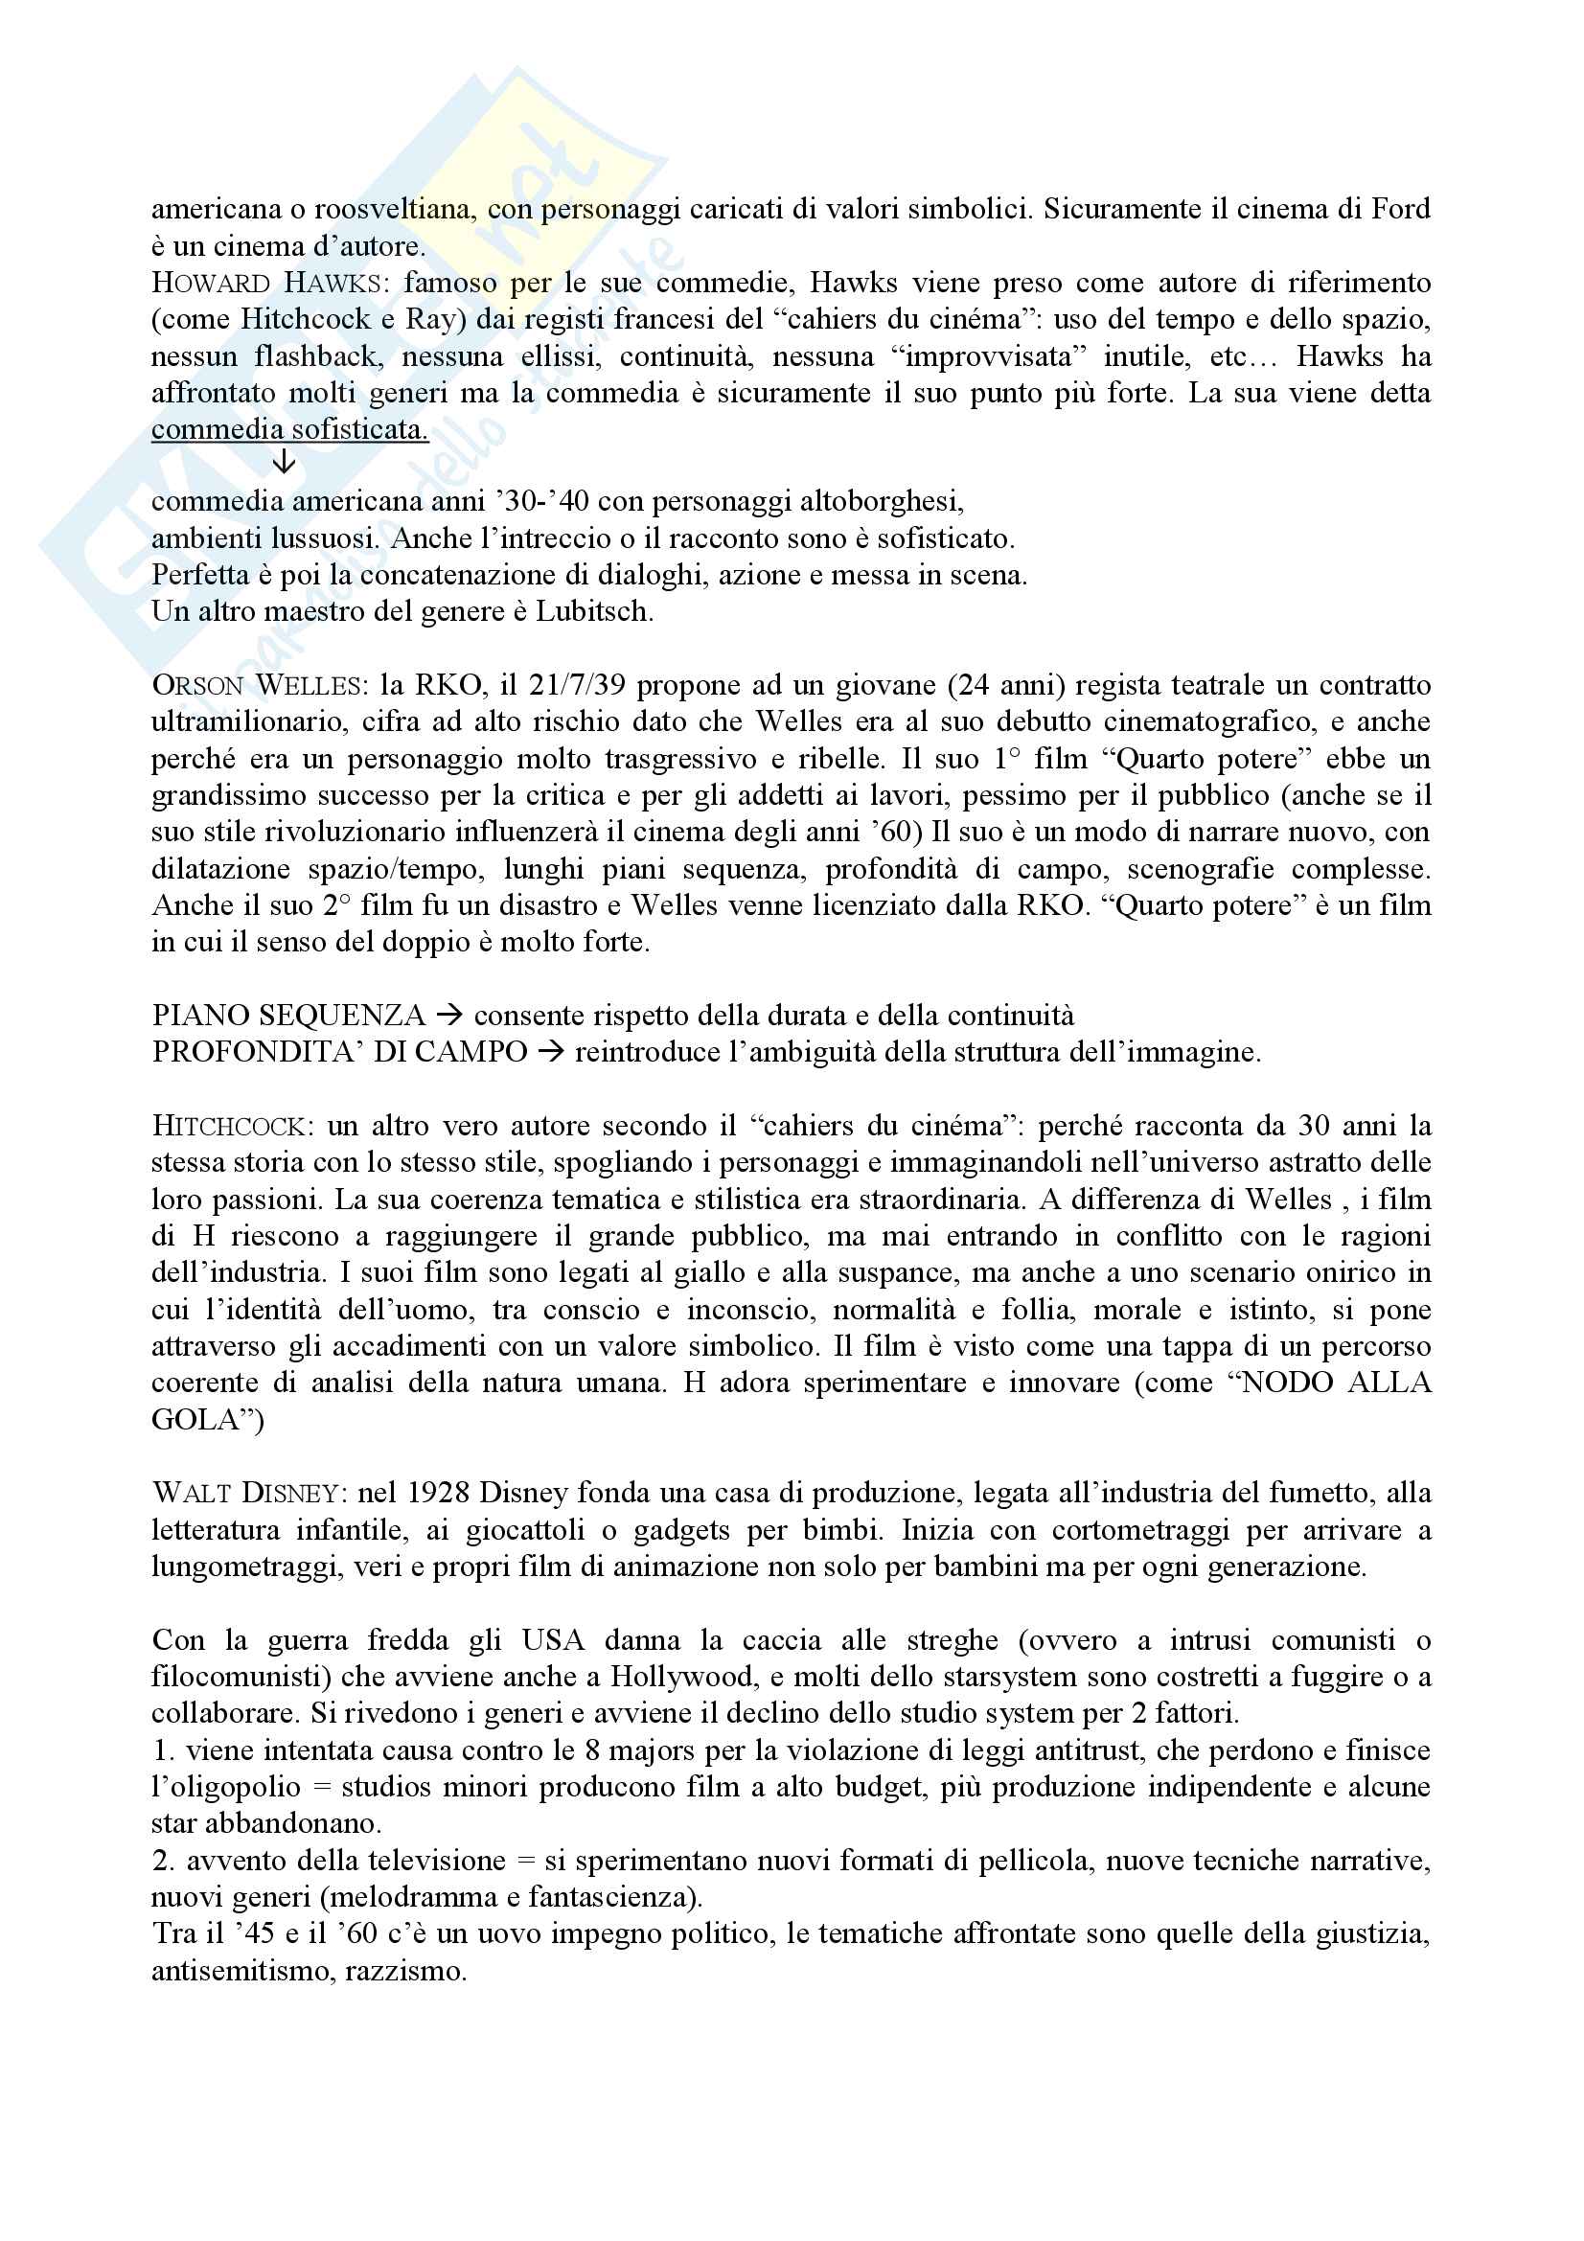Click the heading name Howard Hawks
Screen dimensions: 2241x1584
pos(264,283)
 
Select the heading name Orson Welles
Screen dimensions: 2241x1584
pos(256,685)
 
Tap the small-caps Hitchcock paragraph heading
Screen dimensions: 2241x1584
pos(228,1127)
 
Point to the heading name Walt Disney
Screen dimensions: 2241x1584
pos(246,1494)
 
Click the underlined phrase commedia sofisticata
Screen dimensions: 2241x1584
pos(289,429)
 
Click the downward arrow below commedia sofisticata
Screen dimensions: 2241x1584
pos(283,462)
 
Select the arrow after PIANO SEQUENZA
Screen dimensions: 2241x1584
pos(449,1016)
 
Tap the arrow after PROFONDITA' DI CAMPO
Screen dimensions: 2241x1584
pos(550,1052)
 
